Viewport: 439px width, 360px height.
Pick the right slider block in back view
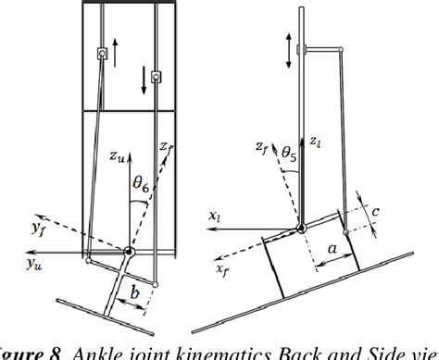(157, 77)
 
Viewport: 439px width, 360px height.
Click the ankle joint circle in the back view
(130, 252)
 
